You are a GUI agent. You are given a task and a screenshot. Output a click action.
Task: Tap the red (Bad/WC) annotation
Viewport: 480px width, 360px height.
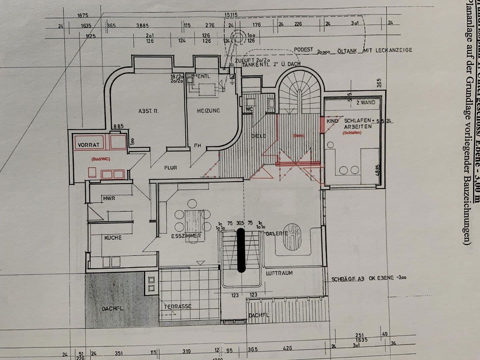(101, 159)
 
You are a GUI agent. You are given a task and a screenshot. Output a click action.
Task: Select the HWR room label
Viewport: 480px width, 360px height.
(109, 198)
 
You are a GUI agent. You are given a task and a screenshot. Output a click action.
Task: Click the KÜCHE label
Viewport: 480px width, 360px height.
(113, 238)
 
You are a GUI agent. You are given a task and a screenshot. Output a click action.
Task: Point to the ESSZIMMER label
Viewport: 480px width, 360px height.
(186, 236)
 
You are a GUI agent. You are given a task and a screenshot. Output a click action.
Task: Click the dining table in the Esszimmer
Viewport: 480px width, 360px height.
(193, 221)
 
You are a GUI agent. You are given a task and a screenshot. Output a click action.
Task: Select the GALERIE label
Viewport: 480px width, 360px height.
(276, 233)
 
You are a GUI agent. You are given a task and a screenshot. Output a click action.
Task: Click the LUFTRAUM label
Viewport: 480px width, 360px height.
(279, 273)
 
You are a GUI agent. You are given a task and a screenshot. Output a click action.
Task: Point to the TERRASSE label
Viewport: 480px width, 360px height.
(178, 306)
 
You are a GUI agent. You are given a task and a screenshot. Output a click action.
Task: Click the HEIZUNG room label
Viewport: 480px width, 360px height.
(208, 111)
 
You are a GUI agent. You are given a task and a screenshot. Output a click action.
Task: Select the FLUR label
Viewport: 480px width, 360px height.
(170, 168)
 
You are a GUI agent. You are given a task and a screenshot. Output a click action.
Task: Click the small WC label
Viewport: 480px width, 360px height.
(249, 109)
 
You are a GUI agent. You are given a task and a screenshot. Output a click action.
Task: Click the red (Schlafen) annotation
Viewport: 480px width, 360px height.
(352, 133)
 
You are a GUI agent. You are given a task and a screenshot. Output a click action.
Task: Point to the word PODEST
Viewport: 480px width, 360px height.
(303, 50)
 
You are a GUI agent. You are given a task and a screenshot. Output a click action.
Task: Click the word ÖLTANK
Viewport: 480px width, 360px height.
(347, 51)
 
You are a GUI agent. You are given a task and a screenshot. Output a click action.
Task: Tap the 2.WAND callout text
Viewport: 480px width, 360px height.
(366, 103)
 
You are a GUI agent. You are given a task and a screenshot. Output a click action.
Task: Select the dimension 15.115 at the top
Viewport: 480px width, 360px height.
(231, 15)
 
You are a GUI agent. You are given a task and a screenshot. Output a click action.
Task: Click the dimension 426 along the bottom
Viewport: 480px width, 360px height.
(287, 348)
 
